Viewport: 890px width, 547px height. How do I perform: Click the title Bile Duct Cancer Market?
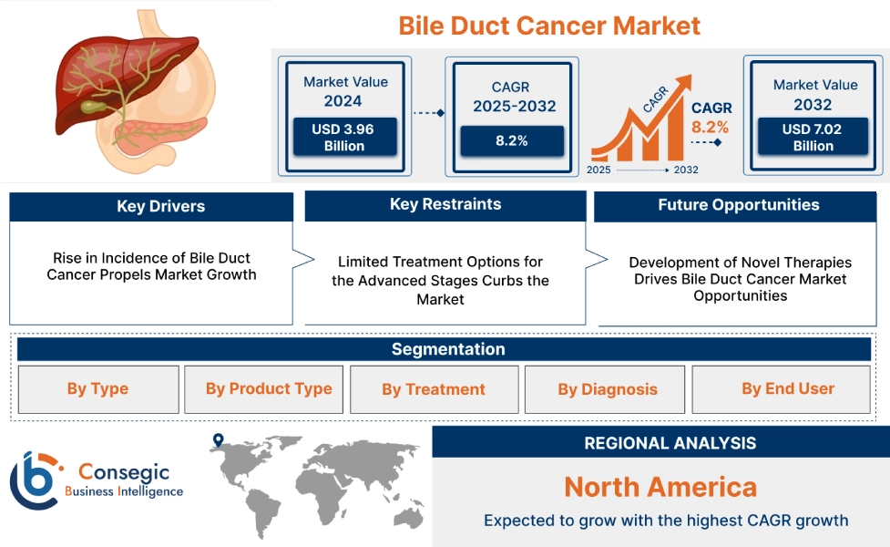tap(549, 25)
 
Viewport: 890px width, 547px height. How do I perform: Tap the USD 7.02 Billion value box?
tap(812, 137)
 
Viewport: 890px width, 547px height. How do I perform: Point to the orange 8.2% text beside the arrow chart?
tap(710, 127)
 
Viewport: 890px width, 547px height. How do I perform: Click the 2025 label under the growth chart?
tap(598, 170)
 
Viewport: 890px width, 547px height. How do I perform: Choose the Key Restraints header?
tap(445, 204)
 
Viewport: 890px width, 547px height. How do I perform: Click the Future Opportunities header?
tap(738, 205)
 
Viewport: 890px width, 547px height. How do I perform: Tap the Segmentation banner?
tap(447, 349)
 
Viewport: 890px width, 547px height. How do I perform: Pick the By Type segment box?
tap(97, 389)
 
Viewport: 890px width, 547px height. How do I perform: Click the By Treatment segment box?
tap(433, 389)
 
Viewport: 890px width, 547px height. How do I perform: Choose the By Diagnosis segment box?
tap(607, 389)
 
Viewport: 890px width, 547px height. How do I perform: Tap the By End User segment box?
tap(787, 389)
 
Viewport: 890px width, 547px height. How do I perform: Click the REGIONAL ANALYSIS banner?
tap(670, 443)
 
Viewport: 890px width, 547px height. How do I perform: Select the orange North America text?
tap(660, 486)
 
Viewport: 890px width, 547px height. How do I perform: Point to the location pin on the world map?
tap(218, 441)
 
